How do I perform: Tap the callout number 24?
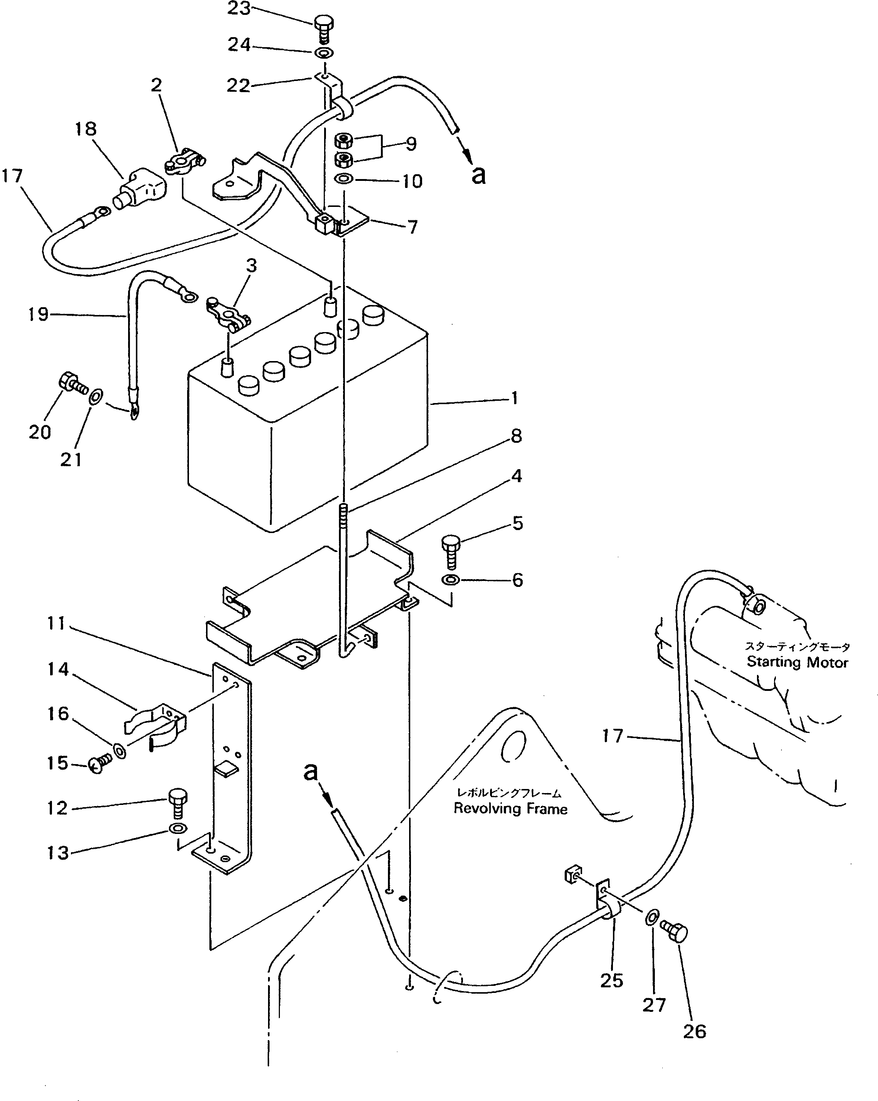[x=239, y=45]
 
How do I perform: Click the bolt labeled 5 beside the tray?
[x=450, y=551]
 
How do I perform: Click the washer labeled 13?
[x=177, y=828]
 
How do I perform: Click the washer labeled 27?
[x=652, y=917]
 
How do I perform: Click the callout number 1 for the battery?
[x=515, y=398]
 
